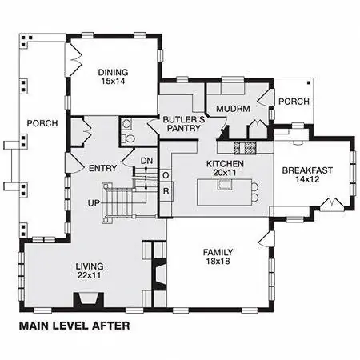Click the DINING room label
[x=113, y=72]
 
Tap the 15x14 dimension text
[x=113, y=82]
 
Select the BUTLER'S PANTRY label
[x=184, y=124]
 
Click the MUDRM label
[x=233, y=109]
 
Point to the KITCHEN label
[x=225, y=163]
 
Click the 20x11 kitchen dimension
[x=225, y=173]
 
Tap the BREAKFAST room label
[x=307, y=170]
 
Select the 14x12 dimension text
[x=307, y=179]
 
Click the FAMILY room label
[x=218, y=252]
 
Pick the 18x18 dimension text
[x=218, y=261]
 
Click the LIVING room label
[x=90, y=266]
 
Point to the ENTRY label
[x=102, y=168]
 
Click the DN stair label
[x=146, y=161]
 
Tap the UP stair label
[x=94, y=203]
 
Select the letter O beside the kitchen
[x=166, y=175]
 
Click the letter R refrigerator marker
[x=166, y=191]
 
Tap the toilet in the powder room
[x=129, y=138]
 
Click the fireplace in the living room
[x=89, y=301]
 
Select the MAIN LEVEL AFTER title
[x=74, y=326]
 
